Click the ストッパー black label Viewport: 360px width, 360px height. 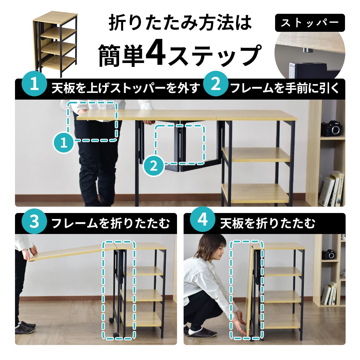tap(310, 23)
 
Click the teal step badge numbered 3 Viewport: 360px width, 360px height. tap(34, 223)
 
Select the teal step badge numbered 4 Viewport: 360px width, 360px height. tap(203, 220)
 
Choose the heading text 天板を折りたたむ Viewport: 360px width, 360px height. tap(268, 223)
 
